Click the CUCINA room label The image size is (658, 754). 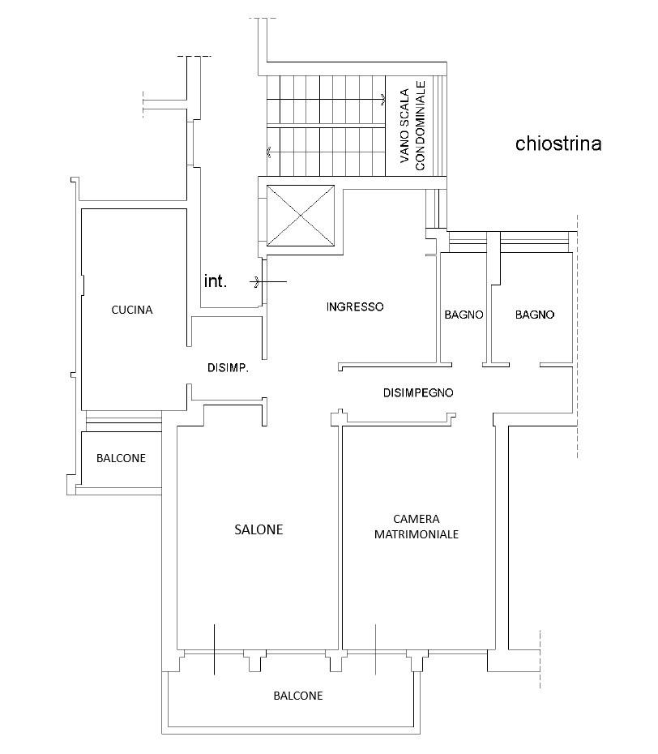[132, 311]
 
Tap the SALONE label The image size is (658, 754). [258, 529]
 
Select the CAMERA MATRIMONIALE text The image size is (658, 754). [417, 526]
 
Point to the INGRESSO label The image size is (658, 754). [355, 306]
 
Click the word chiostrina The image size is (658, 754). [558, 144]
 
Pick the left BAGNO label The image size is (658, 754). [464, 315]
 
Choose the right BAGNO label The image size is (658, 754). [535, 315]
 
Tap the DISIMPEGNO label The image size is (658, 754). [418, 393]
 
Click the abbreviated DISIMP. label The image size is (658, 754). [228, 368]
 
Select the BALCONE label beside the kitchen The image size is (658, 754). [121, 458]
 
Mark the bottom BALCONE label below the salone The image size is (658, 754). [298, 696]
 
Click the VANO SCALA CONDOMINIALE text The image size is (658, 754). [412, 126]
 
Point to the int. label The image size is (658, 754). [215, 281]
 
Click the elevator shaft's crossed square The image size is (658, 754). [301, 216]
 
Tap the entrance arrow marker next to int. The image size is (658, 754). [268, 281]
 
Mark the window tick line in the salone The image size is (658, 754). [215, 649]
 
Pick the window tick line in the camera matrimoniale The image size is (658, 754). [375, 649]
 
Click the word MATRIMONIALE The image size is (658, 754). [417, 534]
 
